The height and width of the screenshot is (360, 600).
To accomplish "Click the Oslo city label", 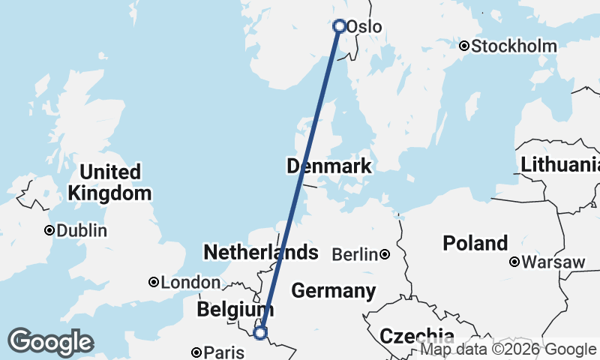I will click(x=365, y=27).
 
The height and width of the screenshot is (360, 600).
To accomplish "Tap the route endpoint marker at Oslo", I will click(x=339, y=26).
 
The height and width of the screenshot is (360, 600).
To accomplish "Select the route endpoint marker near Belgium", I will click(x=261, y=332).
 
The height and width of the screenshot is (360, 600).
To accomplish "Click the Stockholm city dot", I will click(x=464, y=46).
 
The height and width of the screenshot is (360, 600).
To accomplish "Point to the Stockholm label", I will click(x=514, y=46).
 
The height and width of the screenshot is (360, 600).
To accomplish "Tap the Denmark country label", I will click(x=329, y=166).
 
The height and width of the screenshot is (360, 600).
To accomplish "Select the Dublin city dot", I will click(x=49, y=230).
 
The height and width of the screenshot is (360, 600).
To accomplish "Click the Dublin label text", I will click(x=82, y=230).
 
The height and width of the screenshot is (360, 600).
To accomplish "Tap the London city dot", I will click(x=154, y=283).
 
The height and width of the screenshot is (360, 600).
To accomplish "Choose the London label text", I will click(x=190, y=283).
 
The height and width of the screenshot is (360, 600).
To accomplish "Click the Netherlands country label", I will click(x=261, y=252).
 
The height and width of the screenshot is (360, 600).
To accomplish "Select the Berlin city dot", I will click(x=385, y=255).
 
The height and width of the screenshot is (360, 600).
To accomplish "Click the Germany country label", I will click(x=334, y=290).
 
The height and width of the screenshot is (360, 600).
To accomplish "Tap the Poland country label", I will click(x=475, y=243).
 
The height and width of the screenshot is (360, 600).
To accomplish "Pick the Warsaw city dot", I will click(x=514, y=262).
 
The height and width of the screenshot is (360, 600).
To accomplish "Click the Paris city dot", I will click(x=196, y=352).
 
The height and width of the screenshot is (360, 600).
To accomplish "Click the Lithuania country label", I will click(x=561, y=164).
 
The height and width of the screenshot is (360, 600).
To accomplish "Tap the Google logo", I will click(x=50, y=343).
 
